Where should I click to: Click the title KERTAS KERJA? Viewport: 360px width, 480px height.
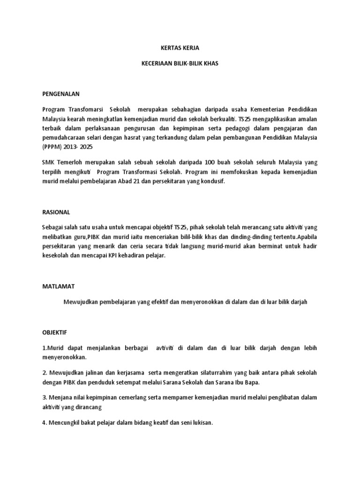180,48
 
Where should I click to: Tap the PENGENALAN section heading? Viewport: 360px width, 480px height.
61,93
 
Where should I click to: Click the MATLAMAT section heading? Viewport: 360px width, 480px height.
58,285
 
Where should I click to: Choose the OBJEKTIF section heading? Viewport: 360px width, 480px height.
55,332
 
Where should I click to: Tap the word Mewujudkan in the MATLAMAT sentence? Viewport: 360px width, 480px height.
82,302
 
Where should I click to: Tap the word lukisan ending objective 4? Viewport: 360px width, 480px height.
202,423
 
